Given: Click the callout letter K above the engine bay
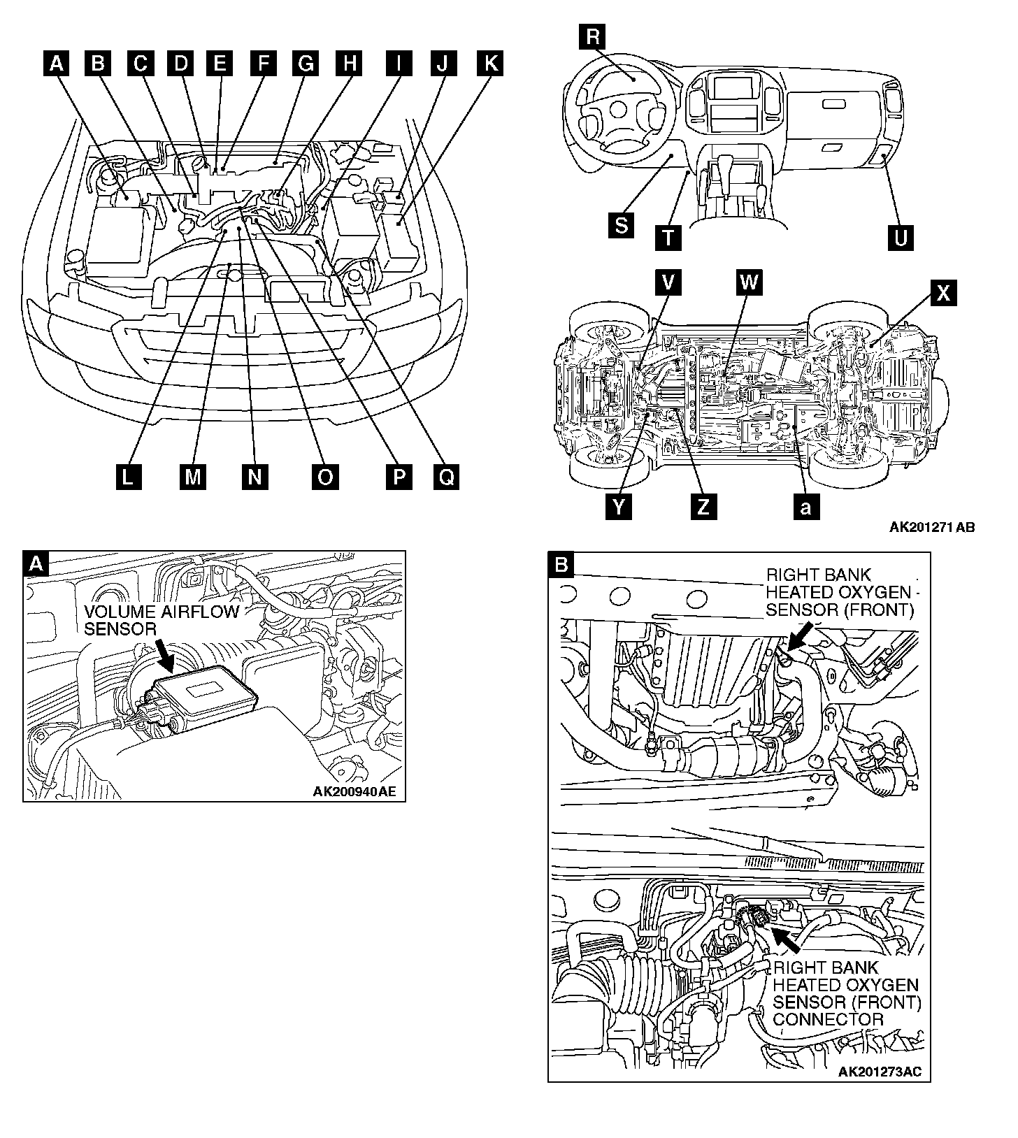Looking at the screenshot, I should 490,63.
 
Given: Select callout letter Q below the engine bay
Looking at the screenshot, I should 447,477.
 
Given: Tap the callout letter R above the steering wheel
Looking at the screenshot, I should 593,36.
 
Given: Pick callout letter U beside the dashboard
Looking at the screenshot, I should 901,238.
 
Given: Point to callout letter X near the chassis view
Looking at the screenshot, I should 942,292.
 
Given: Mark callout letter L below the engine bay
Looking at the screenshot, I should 128,477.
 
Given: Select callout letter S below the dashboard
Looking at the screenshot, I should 621,225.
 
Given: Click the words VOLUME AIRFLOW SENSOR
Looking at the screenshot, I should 161,620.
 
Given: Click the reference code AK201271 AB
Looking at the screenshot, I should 932,527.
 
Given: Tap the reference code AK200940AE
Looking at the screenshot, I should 354,792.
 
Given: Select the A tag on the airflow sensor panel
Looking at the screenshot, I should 38,563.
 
